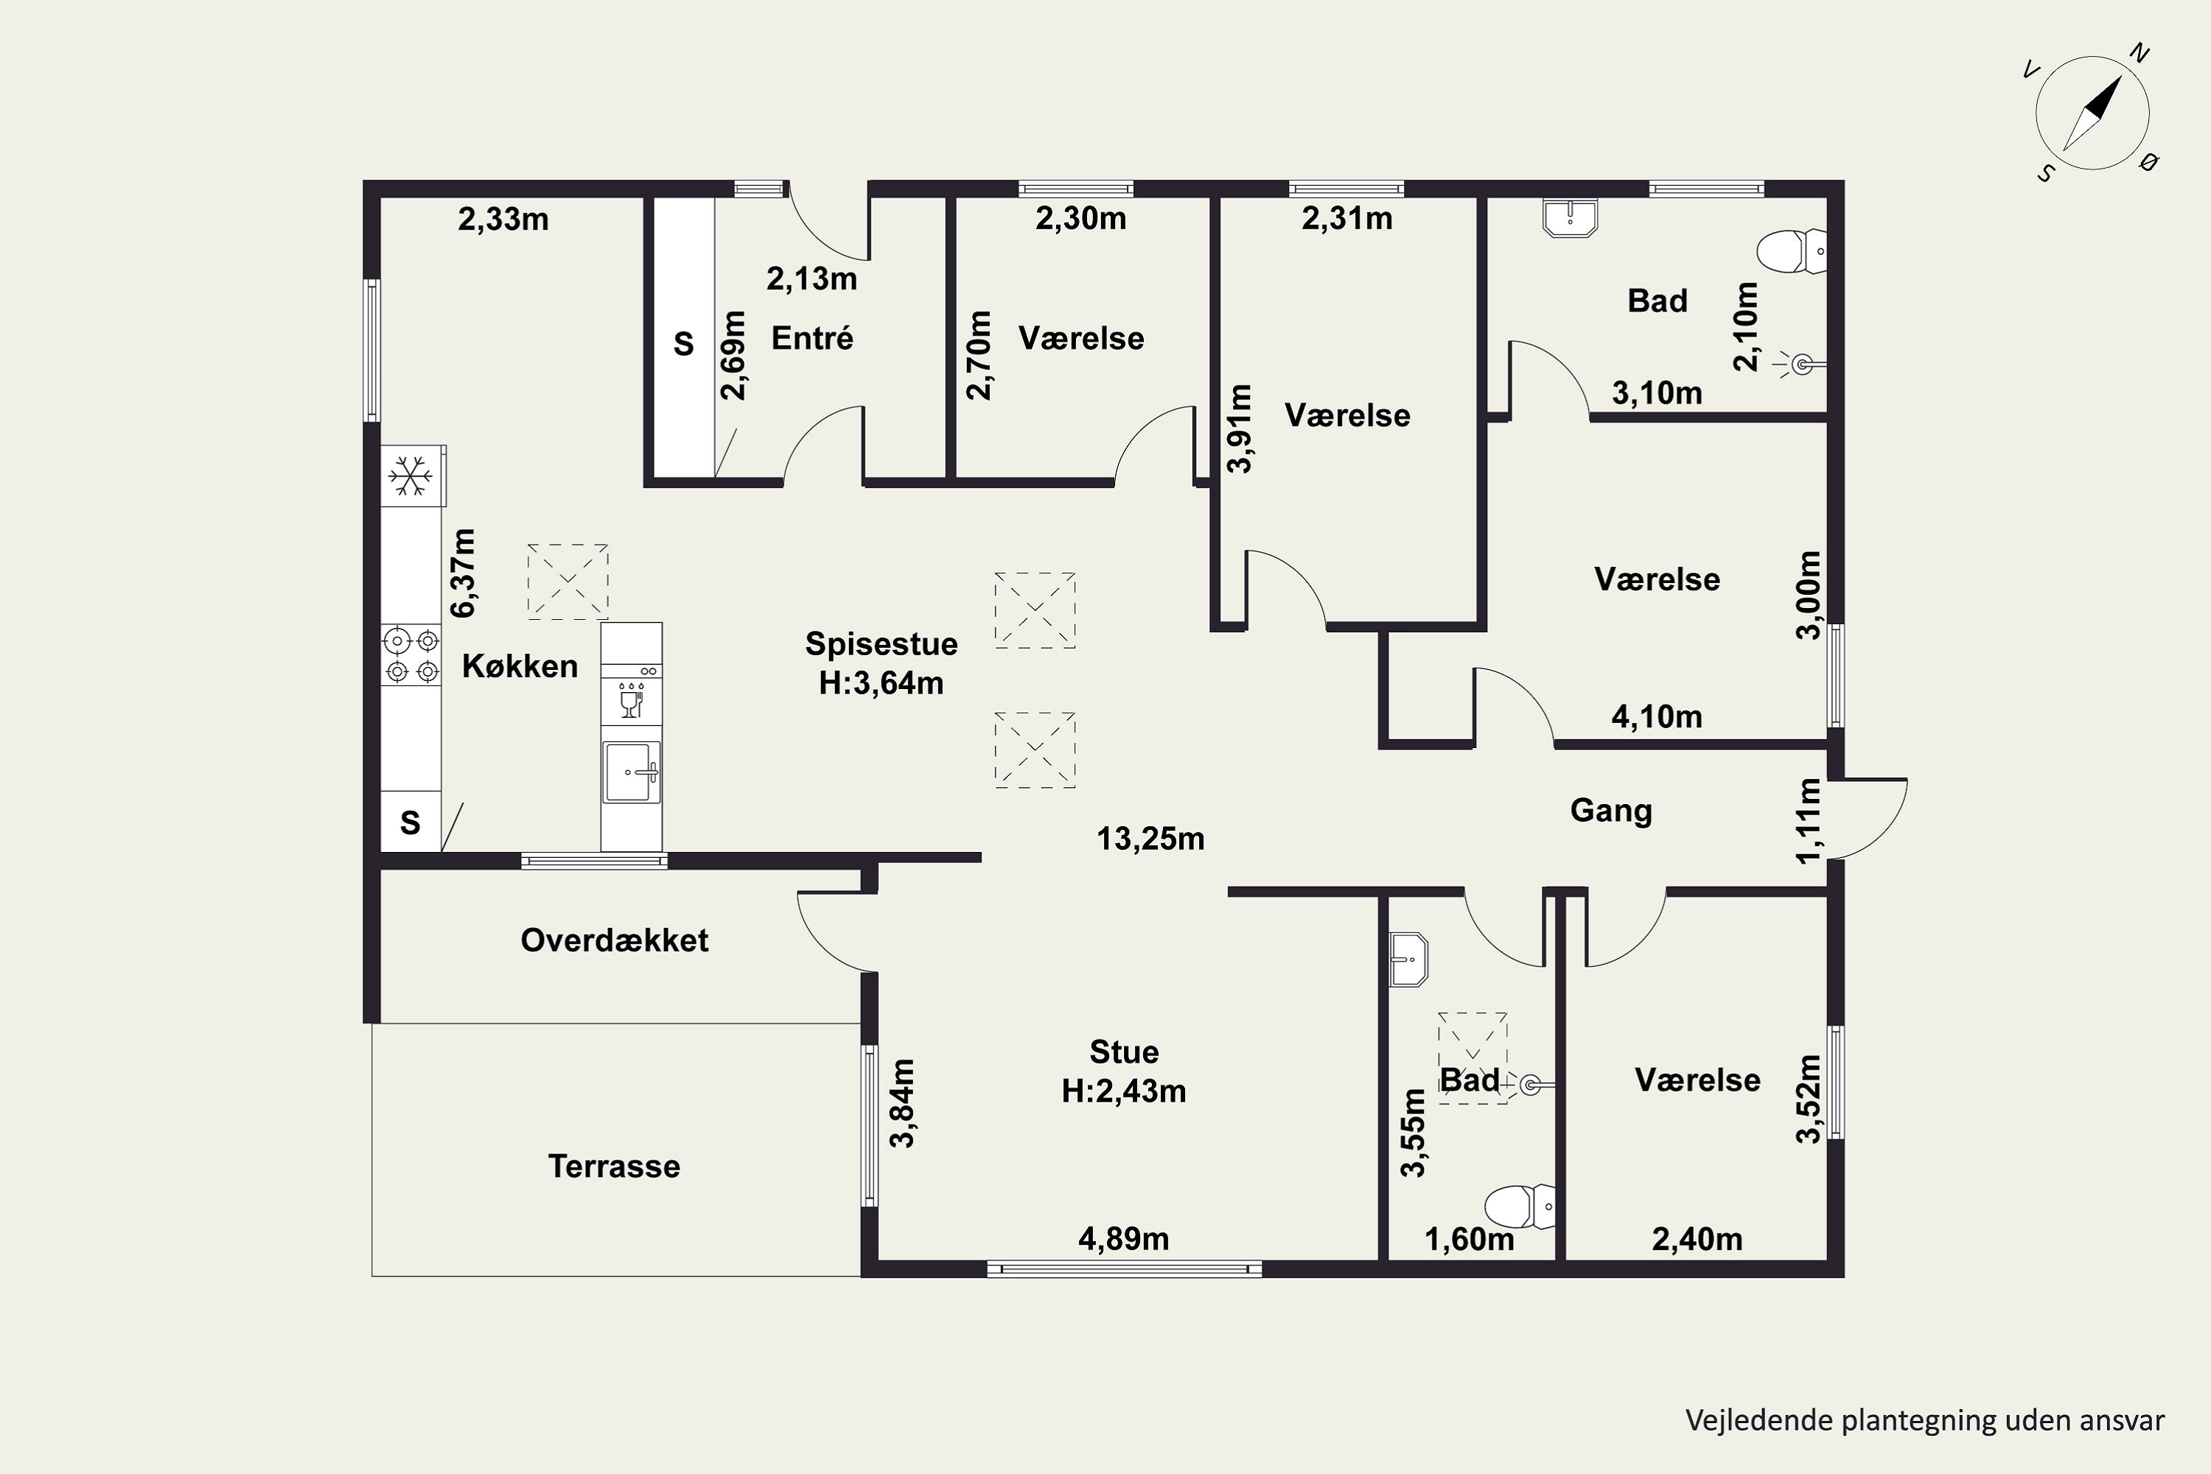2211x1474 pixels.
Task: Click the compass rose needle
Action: pyautogui.click(x=2092, y=113)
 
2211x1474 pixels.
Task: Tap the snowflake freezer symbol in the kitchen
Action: pyautogui.click(x=410, y=477)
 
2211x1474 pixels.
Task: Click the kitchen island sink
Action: pyautogui.click(x=632, y=772)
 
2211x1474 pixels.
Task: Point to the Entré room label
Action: pyautogui.click(x=812, y=338)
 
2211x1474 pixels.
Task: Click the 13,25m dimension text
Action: pyautogui.click(x=1150, y=839)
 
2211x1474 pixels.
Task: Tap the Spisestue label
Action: pyautogui.click(x=881, y=644)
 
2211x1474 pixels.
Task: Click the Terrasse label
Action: pyautogui.click(x=614, y=1167)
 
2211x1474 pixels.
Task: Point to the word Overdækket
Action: pyautogui.click(x=614, y=940)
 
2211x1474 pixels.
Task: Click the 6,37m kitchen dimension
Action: pyautogui.click(x=464, y=573)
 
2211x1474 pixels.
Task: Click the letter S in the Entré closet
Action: pyautogui.click(x=683, y=344)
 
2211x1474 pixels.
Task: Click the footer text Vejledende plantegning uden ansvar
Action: pyautogui.click(x=1924, y=1420)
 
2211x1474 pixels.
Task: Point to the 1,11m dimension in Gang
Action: pyautogui.click(x=1809, y=820)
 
